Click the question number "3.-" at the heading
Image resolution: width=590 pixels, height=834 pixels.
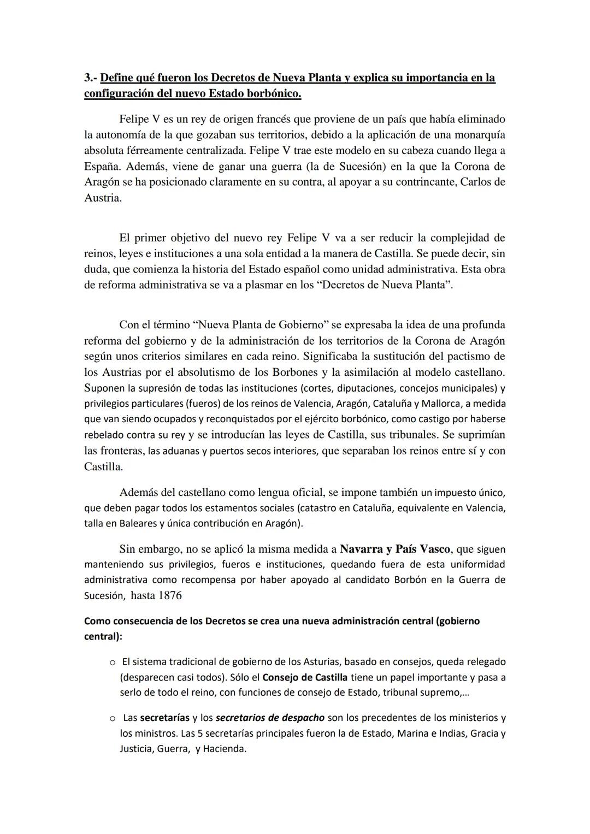[91, 78]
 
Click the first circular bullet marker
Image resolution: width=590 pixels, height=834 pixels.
[112, 663]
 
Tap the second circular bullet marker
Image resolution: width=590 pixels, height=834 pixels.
[112, 718]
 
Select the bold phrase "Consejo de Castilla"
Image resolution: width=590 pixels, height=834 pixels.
[305, 678]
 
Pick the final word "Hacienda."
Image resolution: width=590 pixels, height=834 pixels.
[225, 749]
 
